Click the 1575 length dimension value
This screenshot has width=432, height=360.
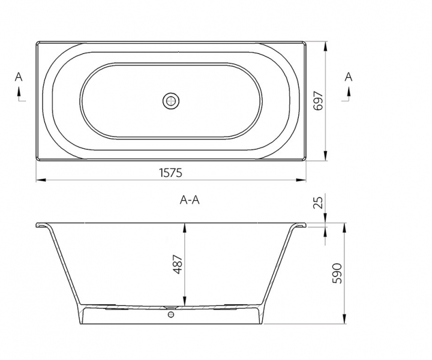point(171,173)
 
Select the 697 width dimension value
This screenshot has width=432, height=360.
point(318,101)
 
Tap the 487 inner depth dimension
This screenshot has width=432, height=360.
point(178,265)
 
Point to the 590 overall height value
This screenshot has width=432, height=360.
point(337,273)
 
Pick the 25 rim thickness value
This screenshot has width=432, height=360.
point(318,203)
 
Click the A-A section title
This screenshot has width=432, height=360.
point(190,200)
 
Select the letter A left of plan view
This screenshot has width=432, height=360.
point(19,77)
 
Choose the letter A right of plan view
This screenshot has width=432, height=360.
point(349,77)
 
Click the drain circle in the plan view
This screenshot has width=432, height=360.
point(171,101)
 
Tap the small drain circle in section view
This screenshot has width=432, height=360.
point(171,314)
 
